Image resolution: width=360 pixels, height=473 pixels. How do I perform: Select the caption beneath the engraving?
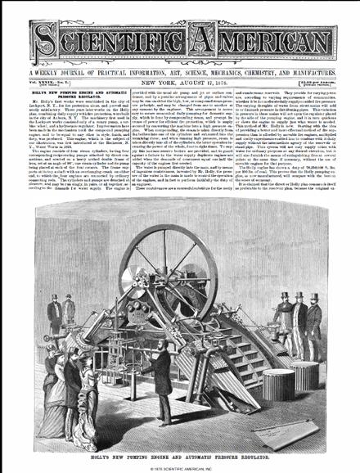coord(179,452)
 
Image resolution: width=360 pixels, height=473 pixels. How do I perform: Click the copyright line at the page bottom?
coord(179,466)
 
